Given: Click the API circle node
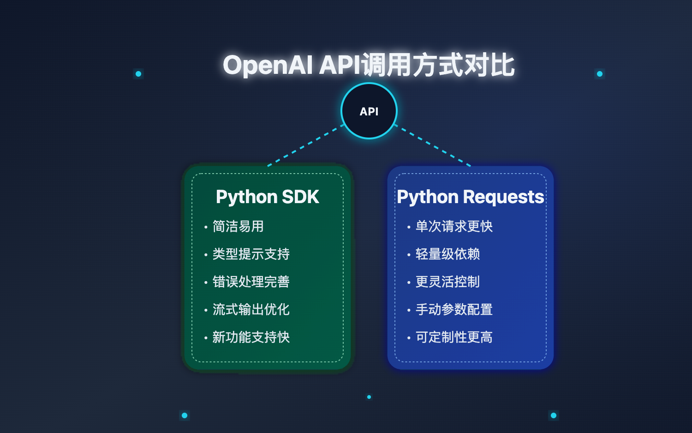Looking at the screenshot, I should point(369,111).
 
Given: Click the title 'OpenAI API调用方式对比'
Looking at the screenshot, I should point(369,65).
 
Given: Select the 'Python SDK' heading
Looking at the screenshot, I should point(267,197).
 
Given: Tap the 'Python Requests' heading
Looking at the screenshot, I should point(470,197).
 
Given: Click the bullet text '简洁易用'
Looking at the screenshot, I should point(238,227).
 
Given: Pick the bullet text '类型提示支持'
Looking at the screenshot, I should point(251,254).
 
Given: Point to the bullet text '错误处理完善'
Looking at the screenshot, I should point(251,282).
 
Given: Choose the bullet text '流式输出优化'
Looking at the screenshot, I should point(251,310).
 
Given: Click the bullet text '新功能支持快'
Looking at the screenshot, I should point(251,337).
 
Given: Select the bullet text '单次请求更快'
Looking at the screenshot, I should point(454,227).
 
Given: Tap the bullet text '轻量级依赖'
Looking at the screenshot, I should point(447,254).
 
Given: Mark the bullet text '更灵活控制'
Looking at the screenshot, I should point(447,282).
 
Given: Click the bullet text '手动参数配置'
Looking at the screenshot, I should point(454,310).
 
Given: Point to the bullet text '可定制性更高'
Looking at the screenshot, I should point(454,337).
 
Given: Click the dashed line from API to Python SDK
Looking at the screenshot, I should point(306,145).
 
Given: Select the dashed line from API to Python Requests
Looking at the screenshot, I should point(433,145).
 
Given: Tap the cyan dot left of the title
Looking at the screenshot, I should point(138,74).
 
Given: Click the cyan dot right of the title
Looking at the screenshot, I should point(600,74).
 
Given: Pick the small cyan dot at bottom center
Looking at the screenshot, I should point(369,397).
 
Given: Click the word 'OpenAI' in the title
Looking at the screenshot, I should point(268,65).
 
